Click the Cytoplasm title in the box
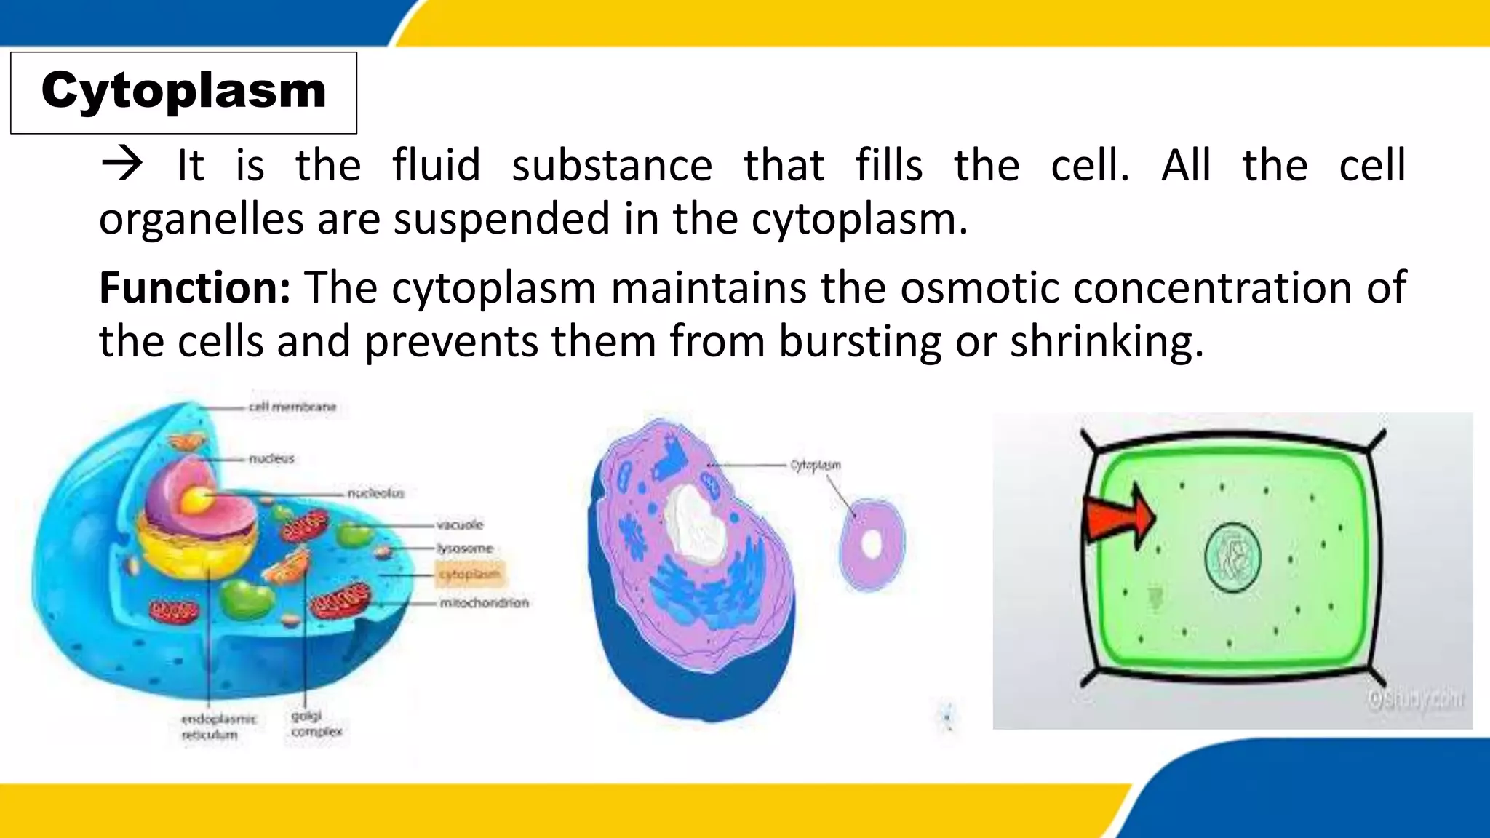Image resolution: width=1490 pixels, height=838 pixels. (183, 91)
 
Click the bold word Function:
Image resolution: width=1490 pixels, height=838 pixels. (195, 287)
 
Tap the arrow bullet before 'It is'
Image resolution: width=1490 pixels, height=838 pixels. (121, 164)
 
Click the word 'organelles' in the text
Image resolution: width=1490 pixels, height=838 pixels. (201, 219)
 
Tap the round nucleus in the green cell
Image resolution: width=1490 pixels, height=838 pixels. (1232, 557)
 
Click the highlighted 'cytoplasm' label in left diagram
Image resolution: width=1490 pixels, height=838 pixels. (470, 574)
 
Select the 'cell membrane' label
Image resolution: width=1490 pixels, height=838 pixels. (292, 407)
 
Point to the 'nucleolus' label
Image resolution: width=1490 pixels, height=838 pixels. (375, 493)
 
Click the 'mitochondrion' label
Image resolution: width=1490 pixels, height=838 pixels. (484, 602)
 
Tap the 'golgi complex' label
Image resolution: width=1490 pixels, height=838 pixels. (316, 724)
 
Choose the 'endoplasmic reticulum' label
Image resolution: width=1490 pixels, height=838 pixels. (218, 727)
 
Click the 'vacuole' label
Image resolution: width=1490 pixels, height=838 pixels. (459, 524)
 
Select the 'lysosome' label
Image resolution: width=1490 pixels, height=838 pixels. (465, 548)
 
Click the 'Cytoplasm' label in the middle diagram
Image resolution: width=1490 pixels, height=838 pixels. (816, 464)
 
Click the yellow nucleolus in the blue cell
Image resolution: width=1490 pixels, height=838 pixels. (196, 499)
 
